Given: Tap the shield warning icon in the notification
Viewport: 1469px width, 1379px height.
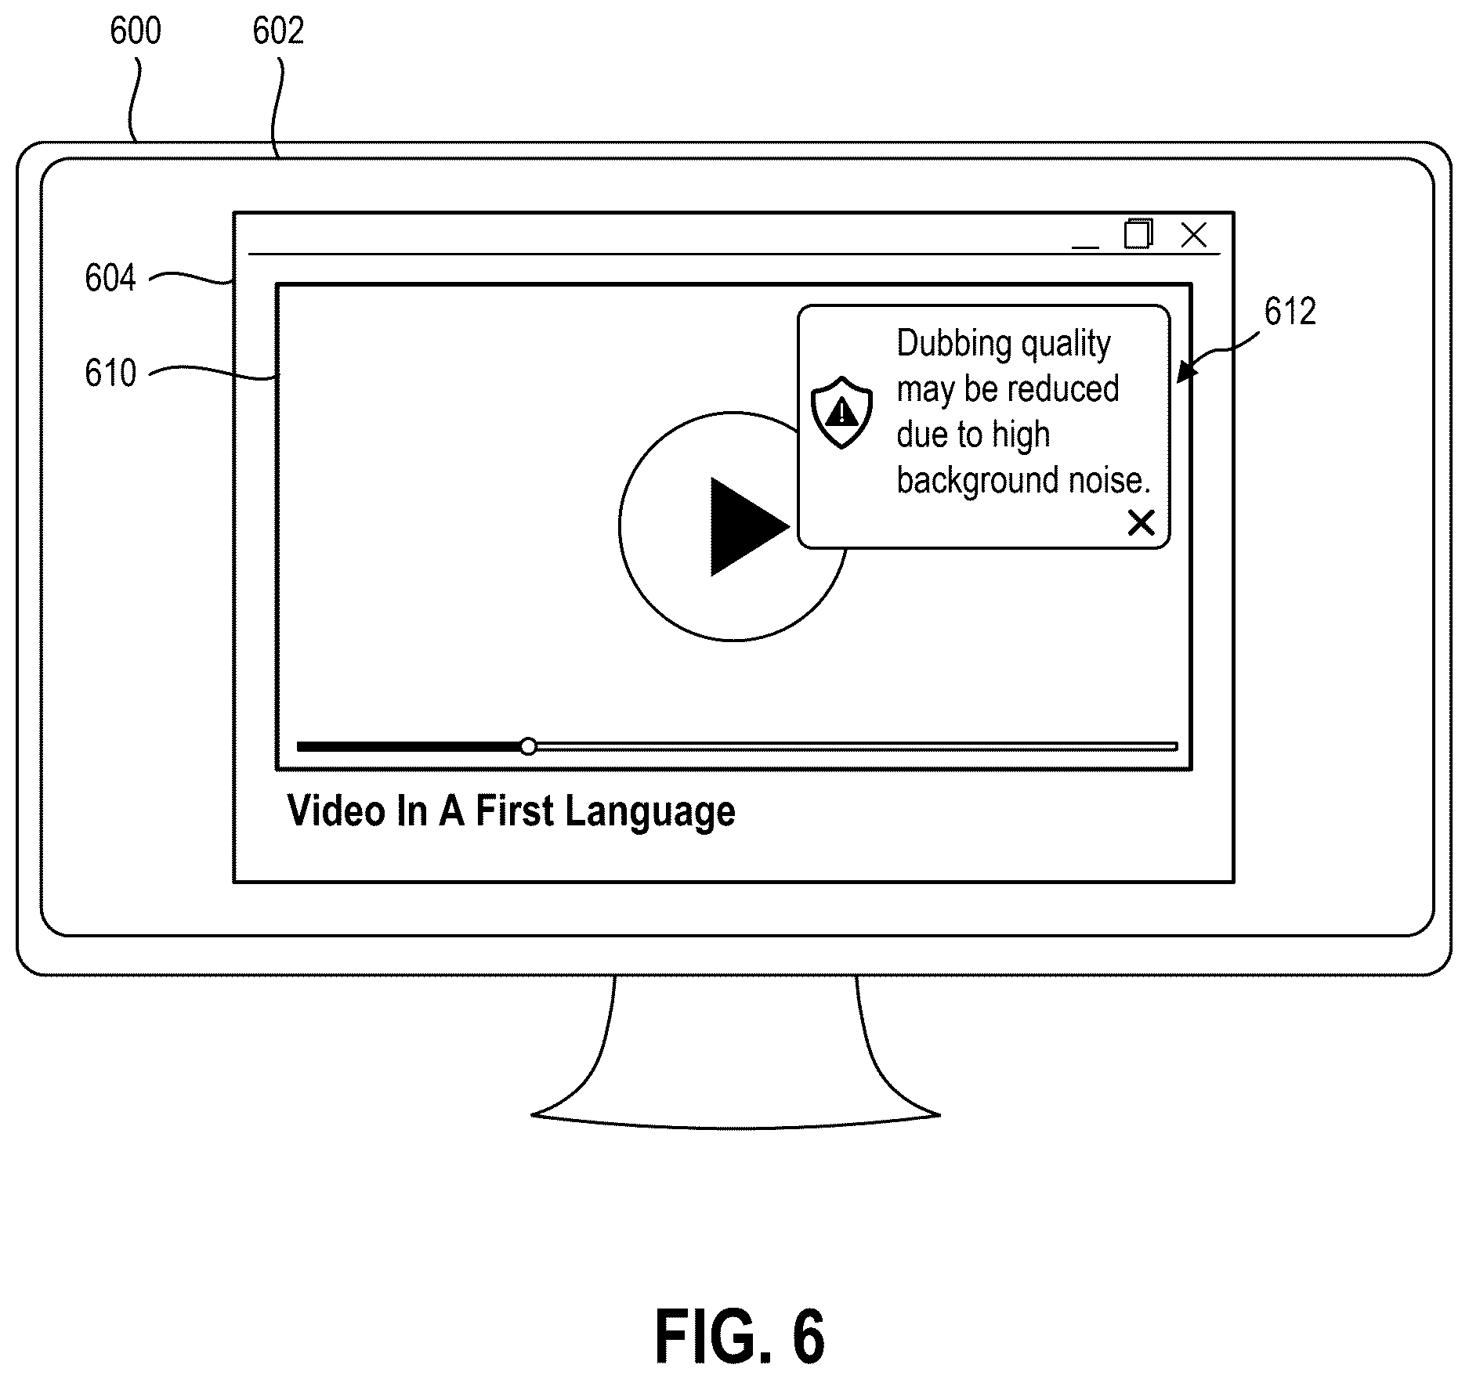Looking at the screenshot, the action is [841, 412].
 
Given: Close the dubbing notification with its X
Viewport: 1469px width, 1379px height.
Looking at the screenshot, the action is [1141, 522].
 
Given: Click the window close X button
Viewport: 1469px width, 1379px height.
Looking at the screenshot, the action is [1193, 234].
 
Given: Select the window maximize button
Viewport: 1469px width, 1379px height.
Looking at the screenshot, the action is [1138, 233].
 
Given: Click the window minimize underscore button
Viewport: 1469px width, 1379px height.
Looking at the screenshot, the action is [1085, 247].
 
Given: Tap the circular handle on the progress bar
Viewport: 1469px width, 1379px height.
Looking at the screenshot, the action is [529, 745].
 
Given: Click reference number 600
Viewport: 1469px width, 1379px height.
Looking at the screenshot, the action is [136, 31].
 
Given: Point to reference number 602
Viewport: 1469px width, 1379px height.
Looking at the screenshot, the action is [278, 31].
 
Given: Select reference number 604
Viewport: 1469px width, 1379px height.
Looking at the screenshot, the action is [110, 278].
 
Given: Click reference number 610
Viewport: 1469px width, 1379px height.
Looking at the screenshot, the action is [110, 373].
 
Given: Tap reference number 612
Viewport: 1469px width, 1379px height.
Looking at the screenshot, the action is [1290, 312].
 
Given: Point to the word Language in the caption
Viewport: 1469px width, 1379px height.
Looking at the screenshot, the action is [650, 813].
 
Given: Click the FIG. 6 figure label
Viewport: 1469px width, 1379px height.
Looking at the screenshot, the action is [740, 1337].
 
